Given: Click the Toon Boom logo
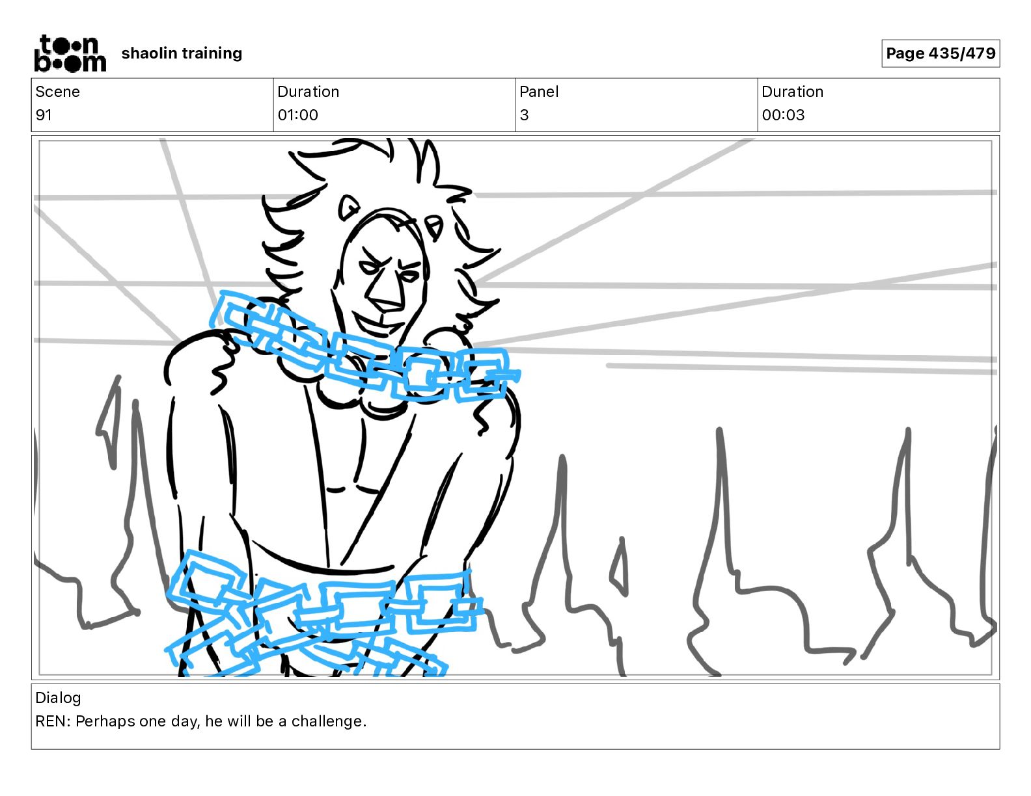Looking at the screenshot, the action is [x=70, y=53].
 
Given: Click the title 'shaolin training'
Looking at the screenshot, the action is [x=182, y=53].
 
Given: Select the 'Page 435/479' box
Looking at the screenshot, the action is [x=941, y=53].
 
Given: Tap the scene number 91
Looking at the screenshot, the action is [x=43, y=115].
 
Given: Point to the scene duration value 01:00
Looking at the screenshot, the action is [x=297, y=115].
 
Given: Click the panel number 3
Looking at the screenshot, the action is [x=524, y=115].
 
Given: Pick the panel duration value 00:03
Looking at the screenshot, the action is [x=783, y=115].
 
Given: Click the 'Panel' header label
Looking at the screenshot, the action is [x=539, y=92].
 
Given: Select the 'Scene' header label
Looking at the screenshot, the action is [x=57, y=92].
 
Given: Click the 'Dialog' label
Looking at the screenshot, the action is [x=58, y=697].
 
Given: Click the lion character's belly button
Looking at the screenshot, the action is [x=337, y=489].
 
